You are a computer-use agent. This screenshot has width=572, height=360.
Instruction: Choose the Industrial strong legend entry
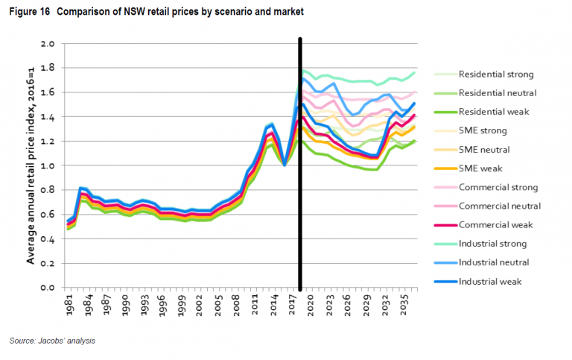point(492,244)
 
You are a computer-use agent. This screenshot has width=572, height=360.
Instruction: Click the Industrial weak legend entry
point(490,281)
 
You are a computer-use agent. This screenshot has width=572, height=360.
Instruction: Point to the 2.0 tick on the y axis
point(48,44)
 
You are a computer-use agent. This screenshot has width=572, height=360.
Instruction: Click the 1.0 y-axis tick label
point(48,165)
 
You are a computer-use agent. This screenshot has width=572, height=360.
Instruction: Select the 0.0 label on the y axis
point(48,288)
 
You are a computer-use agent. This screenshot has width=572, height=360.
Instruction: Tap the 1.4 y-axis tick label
point(48,117)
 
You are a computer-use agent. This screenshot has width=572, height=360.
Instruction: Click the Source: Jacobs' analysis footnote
point(53,341)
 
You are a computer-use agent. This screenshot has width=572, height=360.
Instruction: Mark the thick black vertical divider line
point(300,164)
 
